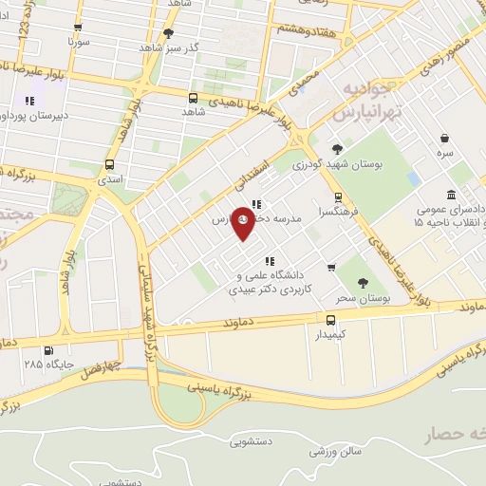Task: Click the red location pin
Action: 243,222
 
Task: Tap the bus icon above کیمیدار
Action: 331,320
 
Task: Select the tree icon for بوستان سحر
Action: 362,283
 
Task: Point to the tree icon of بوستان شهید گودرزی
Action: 337,148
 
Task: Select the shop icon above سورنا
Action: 77,28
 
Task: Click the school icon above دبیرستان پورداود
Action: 30,100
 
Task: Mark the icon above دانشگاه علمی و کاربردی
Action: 270,260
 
